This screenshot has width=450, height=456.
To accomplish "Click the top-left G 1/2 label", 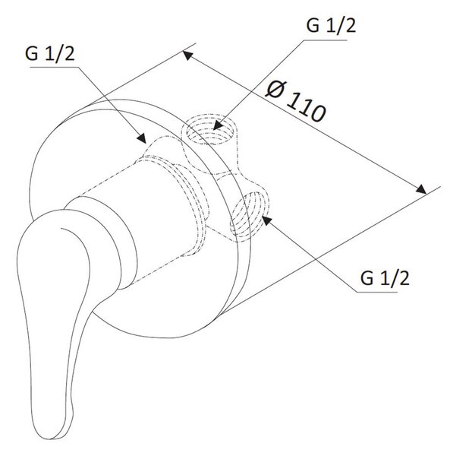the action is coord(50,54).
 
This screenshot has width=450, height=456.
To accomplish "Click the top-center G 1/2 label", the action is coord(331,26).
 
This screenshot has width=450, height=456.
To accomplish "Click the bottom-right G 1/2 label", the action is coord(385,278).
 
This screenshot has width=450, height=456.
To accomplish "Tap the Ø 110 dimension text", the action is coord(295,102).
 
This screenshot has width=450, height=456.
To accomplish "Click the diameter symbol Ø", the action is coord(275,89).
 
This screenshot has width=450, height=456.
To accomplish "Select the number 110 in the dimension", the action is coord(307,109).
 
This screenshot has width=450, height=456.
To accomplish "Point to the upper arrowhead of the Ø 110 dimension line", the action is coord(188,55).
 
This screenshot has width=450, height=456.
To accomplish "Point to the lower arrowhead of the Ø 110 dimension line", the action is coord(420,189).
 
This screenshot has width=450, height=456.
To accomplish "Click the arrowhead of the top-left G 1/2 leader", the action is coord(141,138).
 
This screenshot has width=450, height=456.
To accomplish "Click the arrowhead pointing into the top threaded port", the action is coord(219,125).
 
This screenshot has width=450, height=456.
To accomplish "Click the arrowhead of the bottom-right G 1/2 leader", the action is coord(267,221).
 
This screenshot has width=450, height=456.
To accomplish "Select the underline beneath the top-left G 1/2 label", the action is coord(55,67).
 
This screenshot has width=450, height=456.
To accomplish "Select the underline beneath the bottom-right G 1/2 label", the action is coord(376,291).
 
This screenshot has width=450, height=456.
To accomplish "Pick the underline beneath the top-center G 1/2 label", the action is coord(325,40).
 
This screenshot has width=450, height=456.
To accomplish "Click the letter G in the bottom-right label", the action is coord(367,278).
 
